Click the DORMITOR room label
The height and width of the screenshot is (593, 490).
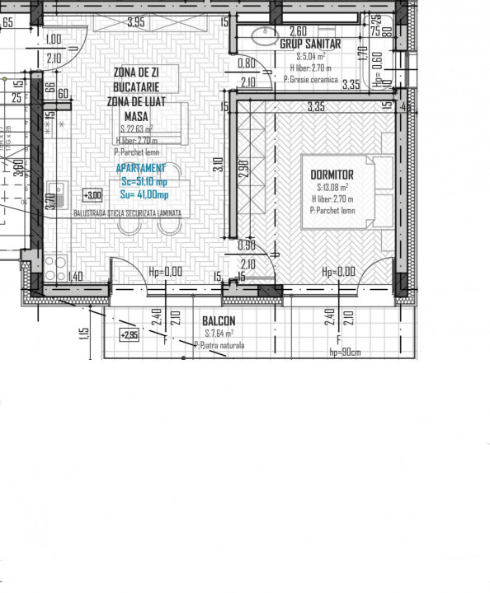tap(332, 175)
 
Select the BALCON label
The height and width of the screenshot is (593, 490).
tap(219, 321)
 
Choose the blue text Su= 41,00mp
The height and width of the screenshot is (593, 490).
tap(144, 194)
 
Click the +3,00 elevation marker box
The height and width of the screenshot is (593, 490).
tap(92, 195)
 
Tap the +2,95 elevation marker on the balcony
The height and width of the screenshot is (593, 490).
tap(129, 335)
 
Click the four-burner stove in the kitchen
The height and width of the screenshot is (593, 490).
tap(55, 265)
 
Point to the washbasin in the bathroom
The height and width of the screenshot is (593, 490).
tap(266, 36)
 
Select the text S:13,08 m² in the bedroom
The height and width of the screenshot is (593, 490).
tap(331, 188)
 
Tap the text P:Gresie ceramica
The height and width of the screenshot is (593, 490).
tap(310, 80)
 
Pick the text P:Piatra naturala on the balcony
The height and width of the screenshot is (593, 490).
tap(219, 345)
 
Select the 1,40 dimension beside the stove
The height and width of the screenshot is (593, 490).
tap(76, 276)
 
